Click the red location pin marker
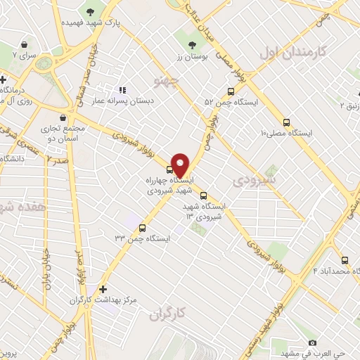(x=180, y=164)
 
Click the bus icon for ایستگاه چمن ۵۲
(x=231, y=91)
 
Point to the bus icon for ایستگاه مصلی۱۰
(x=285, y=121)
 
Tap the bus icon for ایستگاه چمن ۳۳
(x=143, y=228)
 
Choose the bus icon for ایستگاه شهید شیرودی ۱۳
(x=203, y=196)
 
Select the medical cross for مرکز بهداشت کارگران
(x=103, y=288)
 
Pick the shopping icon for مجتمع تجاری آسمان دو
(x=64, y=118)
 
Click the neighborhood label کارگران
(x=167, y=316)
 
